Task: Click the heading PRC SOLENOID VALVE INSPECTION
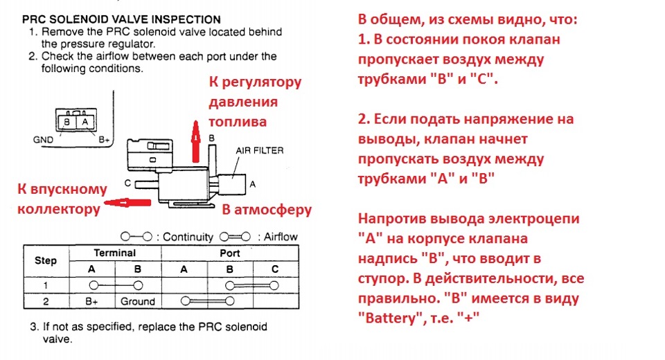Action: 121,19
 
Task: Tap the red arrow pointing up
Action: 195,142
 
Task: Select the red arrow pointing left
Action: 127,203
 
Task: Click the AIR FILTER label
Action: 260,150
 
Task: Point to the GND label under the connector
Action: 43,140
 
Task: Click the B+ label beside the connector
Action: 104,140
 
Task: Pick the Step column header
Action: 46,260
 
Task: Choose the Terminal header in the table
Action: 115,253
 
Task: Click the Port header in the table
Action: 230,253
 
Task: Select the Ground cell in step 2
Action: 138,301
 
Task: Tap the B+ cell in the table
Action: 91,301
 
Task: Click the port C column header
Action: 275,269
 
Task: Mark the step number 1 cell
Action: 46,285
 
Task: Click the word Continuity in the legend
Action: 188,237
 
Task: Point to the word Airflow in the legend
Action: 281,237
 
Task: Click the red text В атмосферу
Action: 267,210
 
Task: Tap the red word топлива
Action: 238,122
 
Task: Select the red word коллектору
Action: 59,209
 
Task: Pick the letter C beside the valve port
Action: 127,183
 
